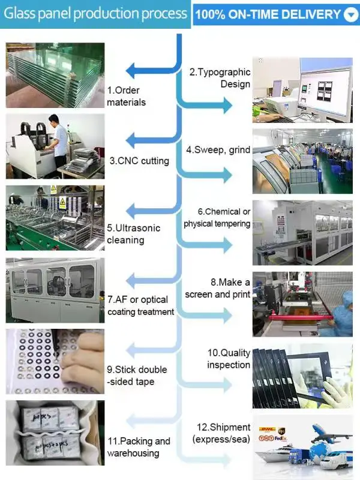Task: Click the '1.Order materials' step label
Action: (126, 96)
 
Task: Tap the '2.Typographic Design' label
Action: (220, 78)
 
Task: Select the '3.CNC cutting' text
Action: (139, 161)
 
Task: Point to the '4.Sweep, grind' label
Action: (218, 150)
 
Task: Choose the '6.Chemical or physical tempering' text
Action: (217, 218)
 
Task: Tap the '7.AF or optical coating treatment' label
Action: (140, 305)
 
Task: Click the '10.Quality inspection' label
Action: (229, 359)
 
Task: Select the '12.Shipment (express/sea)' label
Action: (221, 433)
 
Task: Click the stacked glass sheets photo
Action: (55, 75)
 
